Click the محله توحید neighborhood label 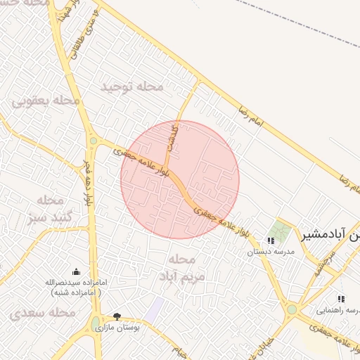[x=131, y=86]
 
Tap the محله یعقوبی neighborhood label [x=46, y=101]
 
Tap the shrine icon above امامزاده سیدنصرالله [x=77, y=271]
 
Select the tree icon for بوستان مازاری [x=117, y=317]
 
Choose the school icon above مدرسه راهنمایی [x=341, y=299]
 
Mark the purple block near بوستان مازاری [x=155, y=308]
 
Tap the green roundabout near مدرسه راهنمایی [x=292, y=309]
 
